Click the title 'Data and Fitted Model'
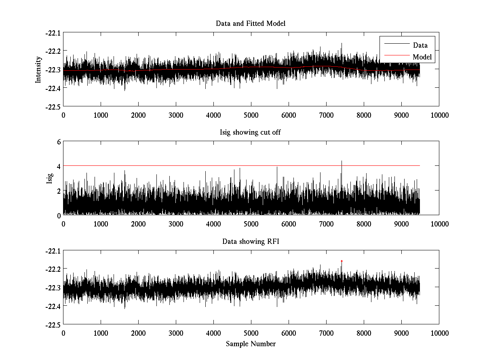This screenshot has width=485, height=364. [x=251, y=23]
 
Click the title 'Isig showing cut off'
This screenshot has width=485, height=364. [x=251, y=133]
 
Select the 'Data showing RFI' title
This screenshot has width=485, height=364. [x=251, y=242]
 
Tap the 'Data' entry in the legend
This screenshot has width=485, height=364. [x=420, y=45]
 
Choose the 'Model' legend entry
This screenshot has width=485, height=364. [x=422, y=57]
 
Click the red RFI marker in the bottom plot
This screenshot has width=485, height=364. [x=342, y=261]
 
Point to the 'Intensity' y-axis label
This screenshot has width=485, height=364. [x=38, y=69]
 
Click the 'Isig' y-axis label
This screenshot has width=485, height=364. [x=50, y=178]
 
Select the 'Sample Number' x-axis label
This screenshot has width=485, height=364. [x=251, y=344]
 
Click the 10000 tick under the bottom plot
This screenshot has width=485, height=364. [x=439, y=333]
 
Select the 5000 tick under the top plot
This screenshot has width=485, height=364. [x=251, y=115]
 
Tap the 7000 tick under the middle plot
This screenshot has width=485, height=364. [x=326, y=224]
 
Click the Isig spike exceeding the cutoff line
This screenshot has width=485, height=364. [x=342, y=162]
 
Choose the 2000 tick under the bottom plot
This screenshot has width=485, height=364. [x=138, y=333]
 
